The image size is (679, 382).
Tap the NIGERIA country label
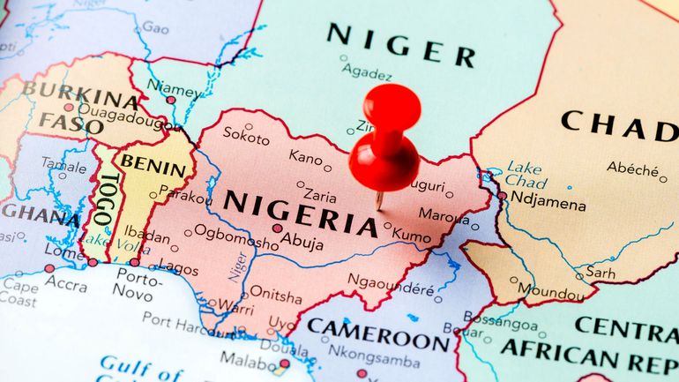coord(300,213)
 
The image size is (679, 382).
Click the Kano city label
coord(305,158)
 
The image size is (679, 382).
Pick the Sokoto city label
coord(246,135)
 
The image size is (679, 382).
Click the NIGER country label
coord(400,45)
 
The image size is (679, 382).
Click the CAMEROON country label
coord(377,335)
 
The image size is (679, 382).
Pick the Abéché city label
coord(632,168)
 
